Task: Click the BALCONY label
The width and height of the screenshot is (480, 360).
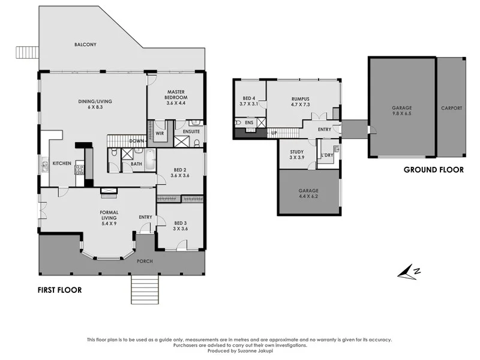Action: pos(86,45)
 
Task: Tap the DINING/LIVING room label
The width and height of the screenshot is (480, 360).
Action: pos(95,101)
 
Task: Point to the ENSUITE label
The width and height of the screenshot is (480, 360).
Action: pos(191,131)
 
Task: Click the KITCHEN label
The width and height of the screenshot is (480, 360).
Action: pos(62,163)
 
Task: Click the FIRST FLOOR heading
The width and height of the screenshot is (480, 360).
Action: pos(59,290)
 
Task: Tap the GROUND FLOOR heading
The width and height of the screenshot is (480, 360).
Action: pos(433,170)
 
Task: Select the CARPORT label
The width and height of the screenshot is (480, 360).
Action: pos(452,109)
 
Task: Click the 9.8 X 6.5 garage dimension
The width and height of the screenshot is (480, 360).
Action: pos(402,113)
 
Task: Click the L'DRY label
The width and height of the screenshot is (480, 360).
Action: pos(327,156)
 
